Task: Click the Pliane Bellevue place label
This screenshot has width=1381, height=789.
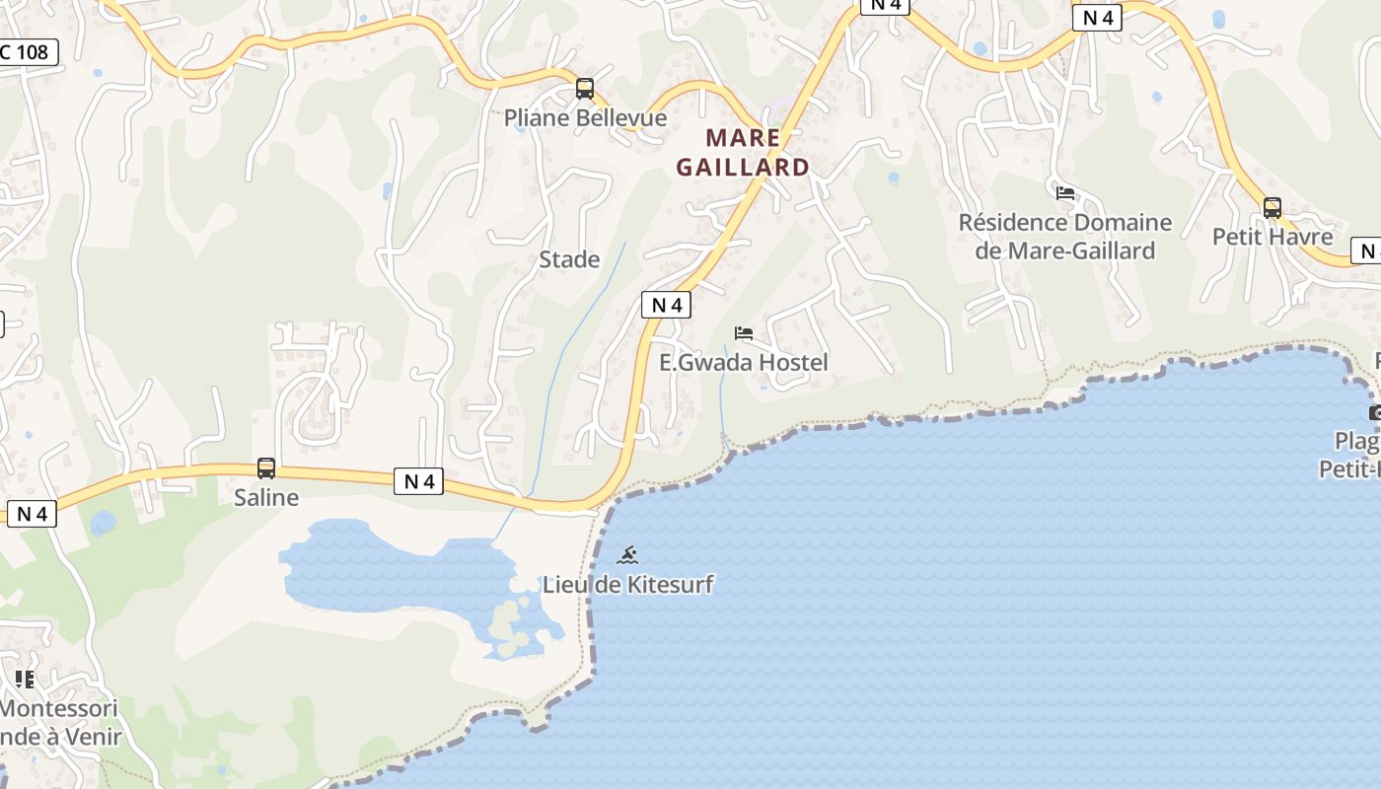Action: [585, 118]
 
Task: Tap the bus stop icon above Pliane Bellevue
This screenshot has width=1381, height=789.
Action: [585, 90]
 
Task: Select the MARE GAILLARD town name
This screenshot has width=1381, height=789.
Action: [743, 153]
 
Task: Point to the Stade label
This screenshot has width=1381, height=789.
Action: [569, 259]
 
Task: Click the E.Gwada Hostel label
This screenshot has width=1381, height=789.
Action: [744, 363]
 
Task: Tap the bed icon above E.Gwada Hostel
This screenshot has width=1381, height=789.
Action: [744, 333]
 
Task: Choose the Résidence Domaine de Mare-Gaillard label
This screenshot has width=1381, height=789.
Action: [1065, 237]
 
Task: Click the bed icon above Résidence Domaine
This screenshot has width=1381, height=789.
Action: [1065, 192]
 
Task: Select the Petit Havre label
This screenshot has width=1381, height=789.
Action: [1272, 237]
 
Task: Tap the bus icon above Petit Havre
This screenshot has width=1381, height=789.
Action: [1272, 208]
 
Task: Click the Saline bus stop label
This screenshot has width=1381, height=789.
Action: [266, 497]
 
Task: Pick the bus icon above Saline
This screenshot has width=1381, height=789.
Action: [266, 468]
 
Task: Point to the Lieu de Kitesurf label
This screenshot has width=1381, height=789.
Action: [627, 584]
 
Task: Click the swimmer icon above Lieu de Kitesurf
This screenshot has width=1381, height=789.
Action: [627, 555]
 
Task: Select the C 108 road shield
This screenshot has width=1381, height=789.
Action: [28, 51]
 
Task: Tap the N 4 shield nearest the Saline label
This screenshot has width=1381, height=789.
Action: [419, 481]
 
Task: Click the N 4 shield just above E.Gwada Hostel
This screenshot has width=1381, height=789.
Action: [667, 305]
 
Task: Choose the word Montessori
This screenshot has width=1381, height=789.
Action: [59, 708]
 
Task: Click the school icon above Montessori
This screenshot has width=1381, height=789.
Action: [25, 679]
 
